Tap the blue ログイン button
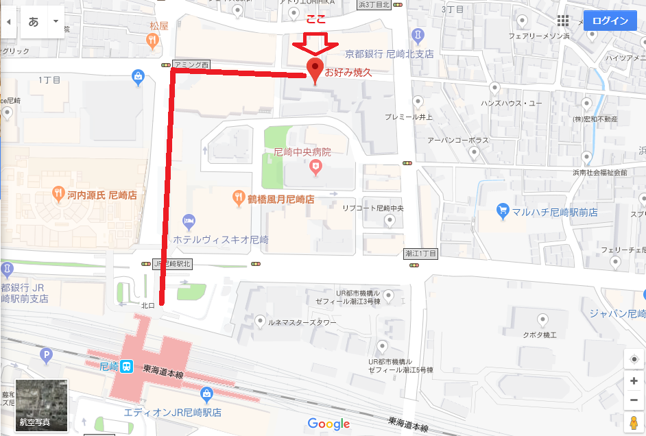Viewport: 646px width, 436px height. pos(610,21)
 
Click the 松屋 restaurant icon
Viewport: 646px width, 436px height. pos(153,40)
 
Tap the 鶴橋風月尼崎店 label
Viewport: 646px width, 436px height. pos(281,199)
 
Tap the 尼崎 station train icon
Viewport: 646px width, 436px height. pos(128,367)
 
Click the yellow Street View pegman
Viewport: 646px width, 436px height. pos(634,420)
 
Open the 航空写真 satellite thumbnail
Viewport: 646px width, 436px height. pos(41,405)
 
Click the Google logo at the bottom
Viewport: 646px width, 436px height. pos(328,424)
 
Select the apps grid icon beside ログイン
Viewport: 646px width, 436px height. pos(563,21)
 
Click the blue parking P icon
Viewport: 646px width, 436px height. pos(47,354)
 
